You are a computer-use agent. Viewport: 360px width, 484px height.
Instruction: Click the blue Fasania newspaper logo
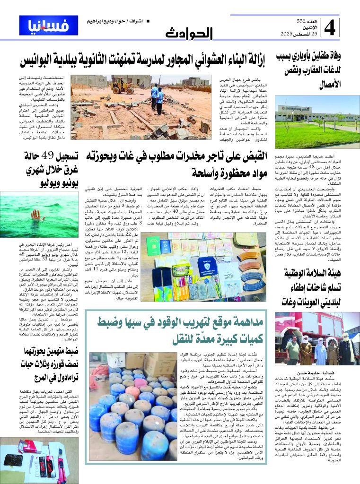pos(42,26)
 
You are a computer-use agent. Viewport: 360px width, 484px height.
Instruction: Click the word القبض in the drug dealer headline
pos(255,156)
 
